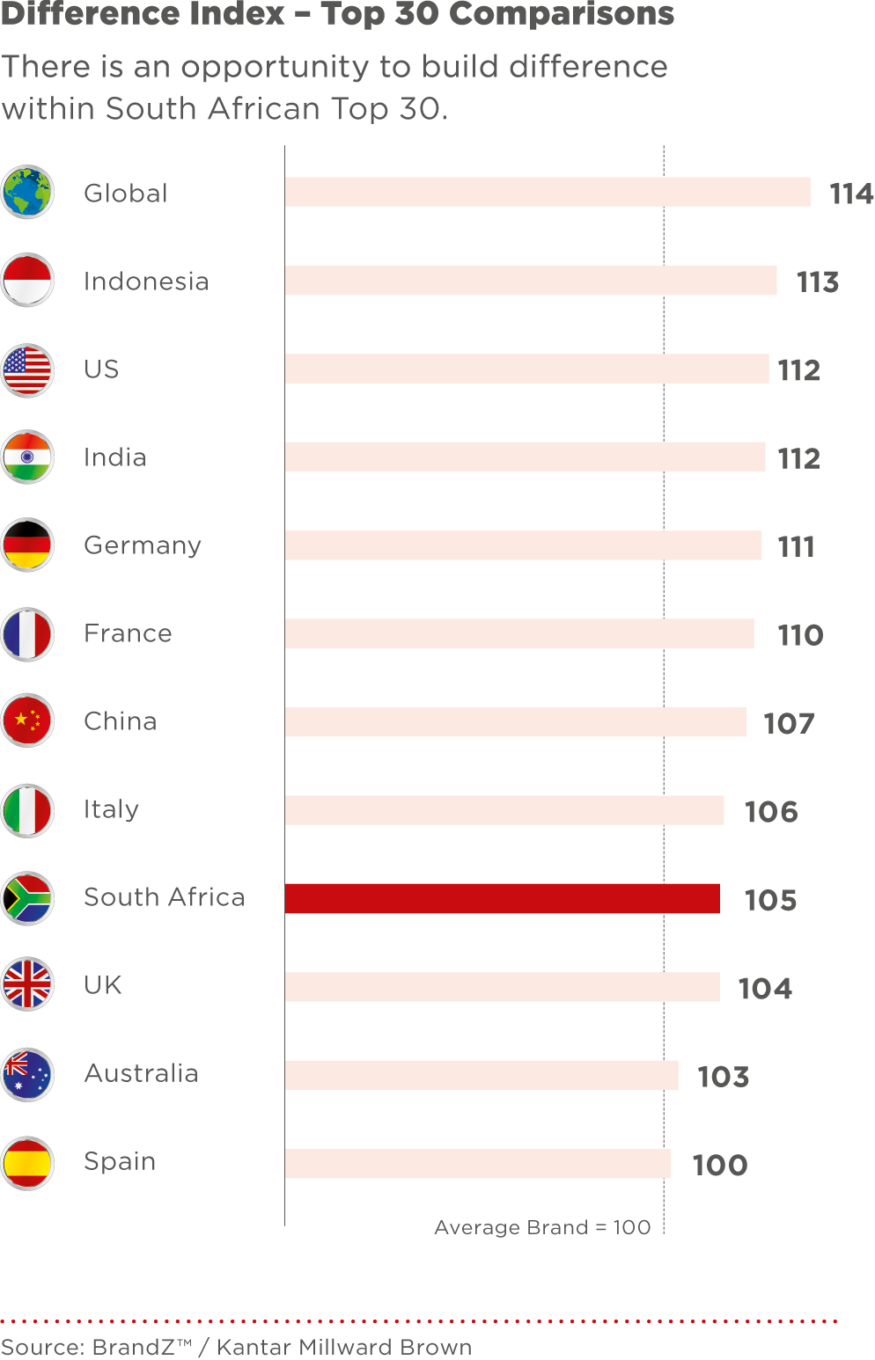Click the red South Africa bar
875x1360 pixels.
(x=502, y=898)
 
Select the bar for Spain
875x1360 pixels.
(x=477, y=1163)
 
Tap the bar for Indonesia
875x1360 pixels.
(x=530, y=281)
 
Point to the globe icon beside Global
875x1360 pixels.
(x=27, y=193)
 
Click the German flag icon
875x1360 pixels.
(x=27, y=545)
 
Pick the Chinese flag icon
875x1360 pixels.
(x=27, y=721)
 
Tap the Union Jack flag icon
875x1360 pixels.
(x=27, y=985)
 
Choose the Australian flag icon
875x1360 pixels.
(x=27, y=1074)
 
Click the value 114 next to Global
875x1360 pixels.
(x=851, y=194)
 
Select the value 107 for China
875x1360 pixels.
(x=789, y=723)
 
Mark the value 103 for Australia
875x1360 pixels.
(x=723, y=1077)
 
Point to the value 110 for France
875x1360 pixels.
(x=799, y=635)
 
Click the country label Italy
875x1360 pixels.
(x=111, y=809)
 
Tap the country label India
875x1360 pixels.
(x=114, y=457)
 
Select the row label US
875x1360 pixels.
(x=101, y=369)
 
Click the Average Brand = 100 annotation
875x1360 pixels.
(x=542, y=1227)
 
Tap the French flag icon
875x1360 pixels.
(x=27, y=633)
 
